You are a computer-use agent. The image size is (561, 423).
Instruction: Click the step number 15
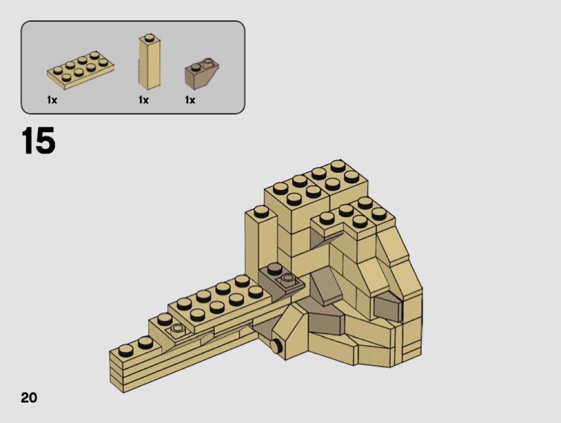click(38, 140)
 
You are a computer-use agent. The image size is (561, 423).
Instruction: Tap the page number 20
click(29, 397)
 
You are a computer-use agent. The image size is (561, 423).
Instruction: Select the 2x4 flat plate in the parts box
click(81, 70)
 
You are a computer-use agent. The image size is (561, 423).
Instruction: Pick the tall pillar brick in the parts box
click(149, 62)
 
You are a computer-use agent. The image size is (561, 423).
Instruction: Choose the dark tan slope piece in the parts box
click(201, 74)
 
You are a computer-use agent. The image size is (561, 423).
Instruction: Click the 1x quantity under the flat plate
click(52, 100)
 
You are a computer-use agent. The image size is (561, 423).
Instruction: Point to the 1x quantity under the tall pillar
click(144, 100)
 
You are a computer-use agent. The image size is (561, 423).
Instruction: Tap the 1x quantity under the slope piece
click(190, 100)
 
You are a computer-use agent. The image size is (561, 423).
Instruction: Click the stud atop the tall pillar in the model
click(261, 212)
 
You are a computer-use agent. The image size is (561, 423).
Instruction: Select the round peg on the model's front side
click(276, 346)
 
